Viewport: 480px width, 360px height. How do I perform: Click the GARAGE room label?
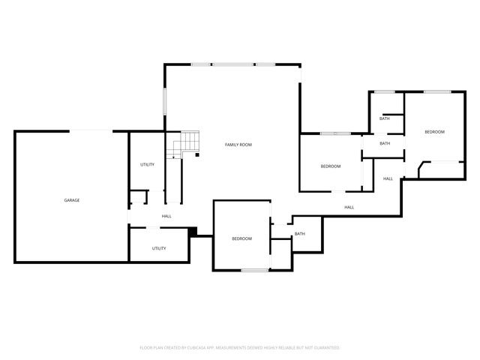click(x=72, y=200)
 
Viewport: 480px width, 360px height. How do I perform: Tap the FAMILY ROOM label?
click(x=238, y=144)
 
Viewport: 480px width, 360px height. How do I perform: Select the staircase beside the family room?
click(x=189, y=143)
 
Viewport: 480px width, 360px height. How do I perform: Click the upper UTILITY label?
click(x=147, y=164)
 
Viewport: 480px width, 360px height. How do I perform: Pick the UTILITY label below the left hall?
click(x=159, y=248)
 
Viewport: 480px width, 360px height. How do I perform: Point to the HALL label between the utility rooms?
click(x=166, y=217)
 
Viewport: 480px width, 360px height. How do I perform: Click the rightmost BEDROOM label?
click(x=434, y=132)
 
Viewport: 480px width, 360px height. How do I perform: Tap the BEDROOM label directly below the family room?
click(x=241, y=238)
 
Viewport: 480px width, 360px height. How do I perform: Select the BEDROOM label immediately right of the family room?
click(x=331, y=166)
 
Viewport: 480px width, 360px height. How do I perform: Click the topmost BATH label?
click(x=384, y=118)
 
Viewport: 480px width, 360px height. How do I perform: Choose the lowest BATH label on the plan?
click(x=299, y=234)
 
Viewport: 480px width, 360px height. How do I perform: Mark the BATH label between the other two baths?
click(x=385, y=143)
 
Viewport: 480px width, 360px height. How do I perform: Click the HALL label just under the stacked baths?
click(x=388, y=178)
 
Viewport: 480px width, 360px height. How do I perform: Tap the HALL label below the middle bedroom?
click(x=349, y=207)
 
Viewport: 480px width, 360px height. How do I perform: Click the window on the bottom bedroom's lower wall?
click(x=255, y=269)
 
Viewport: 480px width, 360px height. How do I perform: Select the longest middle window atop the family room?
click(x=232, y=64)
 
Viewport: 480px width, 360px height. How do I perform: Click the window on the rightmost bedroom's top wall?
click(x=436, y=91)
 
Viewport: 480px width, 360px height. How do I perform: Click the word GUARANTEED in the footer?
click(x=326, y=348)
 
